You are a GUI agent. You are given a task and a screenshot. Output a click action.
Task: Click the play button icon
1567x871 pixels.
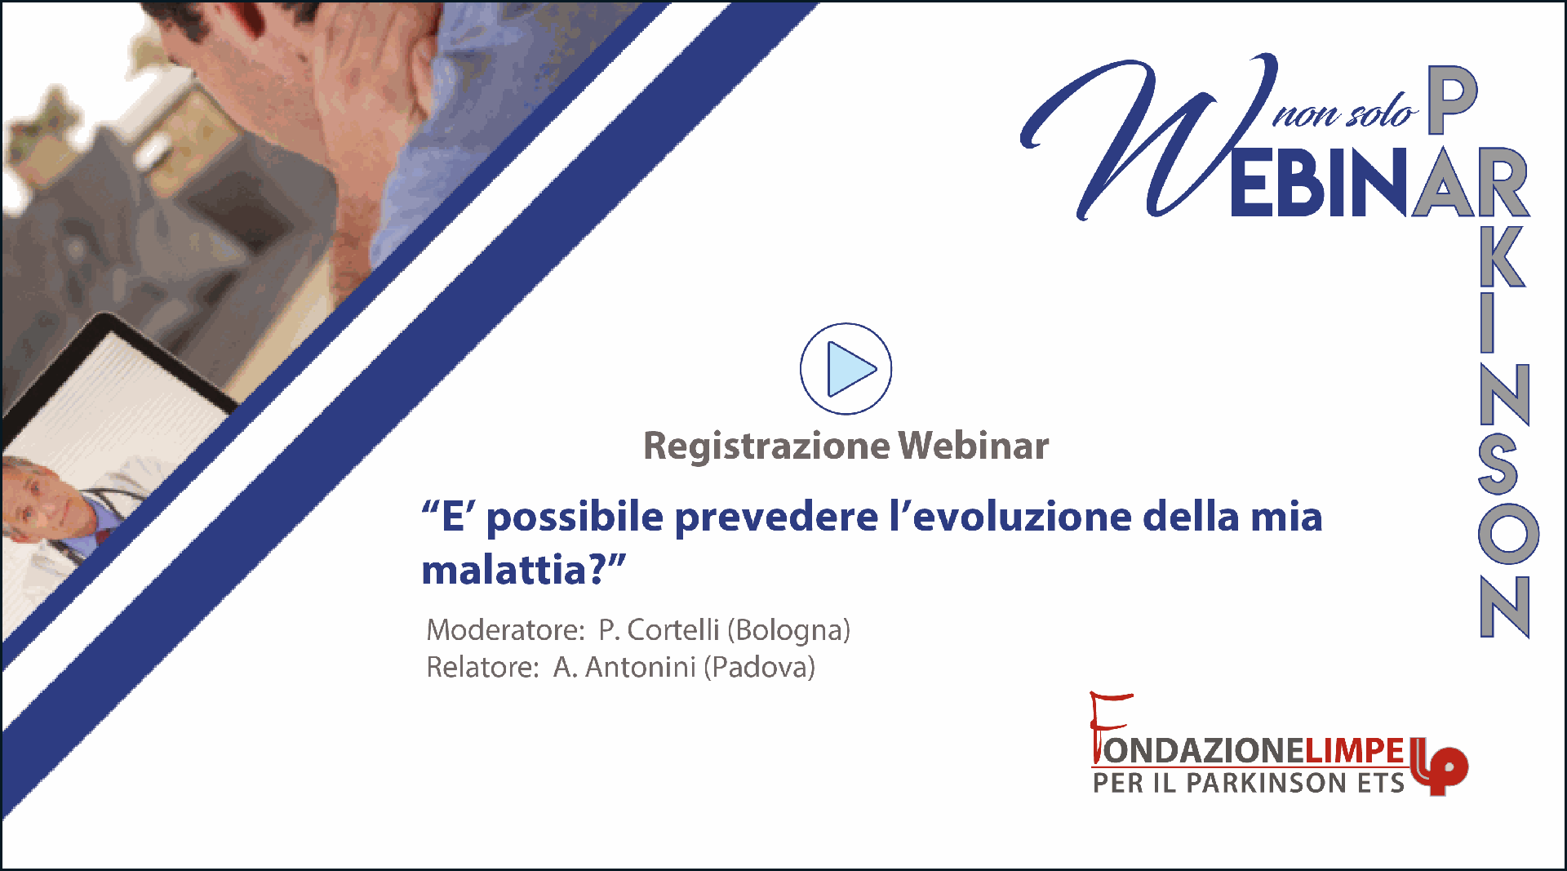[x=846, y=369]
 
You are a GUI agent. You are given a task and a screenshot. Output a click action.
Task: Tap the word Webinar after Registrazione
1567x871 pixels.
[x=974, y=446]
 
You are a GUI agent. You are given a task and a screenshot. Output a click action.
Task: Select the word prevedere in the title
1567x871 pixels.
[x=776, y=518]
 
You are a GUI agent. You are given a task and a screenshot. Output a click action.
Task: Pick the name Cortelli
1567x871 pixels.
[x=673, y=630]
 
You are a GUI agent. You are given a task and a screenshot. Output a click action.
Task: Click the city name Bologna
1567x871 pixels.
[x=788, y=631]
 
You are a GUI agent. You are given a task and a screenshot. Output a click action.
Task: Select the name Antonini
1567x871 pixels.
[x=641, y=668]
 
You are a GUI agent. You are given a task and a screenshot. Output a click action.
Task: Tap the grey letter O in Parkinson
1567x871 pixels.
[x=1508, y=534]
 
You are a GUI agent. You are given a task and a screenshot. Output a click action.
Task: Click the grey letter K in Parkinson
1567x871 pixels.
[x=1503, y=256]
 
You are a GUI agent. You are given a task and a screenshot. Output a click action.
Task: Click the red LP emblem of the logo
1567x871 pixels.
[x=1440, y=766]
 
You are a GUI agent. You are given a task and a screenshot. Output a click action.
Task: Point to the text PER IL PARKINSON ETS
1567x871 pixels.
[x=1249, y=783]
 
